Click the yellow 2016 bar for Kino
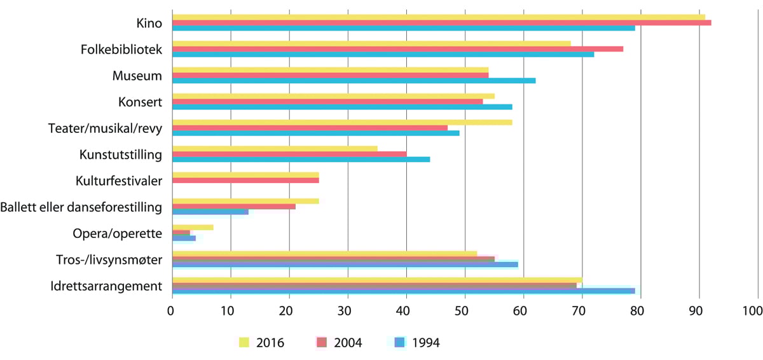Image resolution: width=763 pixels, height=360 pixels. point(439,17)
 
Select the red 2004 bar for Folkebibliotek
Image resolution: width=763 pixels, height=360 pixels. point(397,49)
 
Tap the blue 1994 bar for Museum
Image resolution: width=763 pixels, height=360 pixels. point(354,81)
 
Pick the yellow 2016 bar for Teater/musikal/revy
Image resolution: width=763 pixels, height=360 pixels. point(342,122)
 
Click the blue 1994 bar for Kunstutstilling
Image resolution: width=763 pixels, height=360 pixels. point(301,159)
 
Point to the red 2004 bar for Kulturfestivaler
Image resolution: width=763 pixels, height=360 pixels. point(245,180)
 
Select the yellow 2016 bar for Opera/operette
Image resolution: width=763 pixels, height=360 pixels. point(193,227)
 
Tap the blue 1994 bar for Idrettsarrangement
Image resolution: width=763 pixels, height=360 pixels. point(403,291)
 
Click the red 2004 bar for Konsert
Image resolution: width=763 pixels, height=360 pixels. point(327,101)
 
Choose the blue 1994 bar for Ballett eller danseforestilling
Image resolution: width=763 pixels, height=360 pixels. point(210,211)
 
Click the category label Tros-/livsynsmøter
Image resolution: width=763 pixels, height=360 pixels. point(109,260)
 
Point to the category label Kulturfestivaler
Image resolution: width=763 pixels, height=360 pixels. point(118,181)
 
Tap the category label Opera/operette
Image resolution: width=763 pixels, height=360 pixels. point(118,233)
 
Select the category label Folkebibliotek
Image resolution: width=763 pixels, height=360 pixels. point(121,49)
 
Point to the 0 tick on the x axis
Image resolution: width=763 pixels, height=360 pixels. point(171,311)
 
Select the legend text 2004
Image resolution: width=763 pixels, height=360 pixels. point(348,343)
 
